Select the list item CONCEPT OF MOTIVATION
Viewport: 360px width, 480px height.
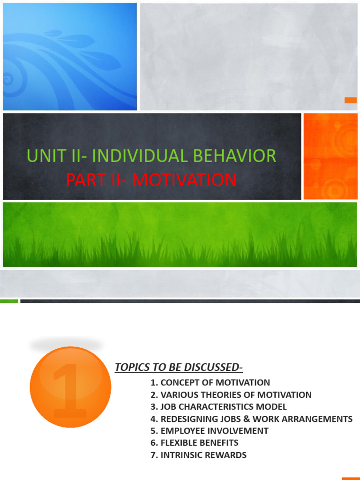(210, 382)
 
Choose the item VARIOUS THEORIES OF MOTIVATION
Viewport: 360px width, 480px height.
(231, 395)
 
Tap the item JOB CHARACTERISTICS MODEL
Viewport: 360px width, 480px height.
(218, 407)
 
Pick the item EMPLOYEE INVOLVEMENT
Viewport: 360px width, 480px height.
(210, 431)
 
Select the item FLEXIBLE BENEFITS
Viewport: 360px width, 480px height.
(195, 443)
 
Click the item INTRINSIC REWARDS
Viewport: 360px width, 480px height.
(199, 455)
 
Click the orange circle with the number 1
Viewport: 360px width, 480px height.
(70, 387)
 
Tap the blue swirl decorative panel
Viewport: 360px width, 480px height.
(70, 56)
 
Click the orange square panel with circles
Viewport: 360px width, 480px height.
(330, 156)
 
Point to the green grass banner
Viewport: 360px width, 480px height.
(180, 234)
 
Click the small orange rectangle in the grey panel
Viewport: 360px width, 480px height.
(351, 100)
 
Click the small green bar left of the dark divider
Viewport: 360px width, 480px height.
(9, 301)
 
